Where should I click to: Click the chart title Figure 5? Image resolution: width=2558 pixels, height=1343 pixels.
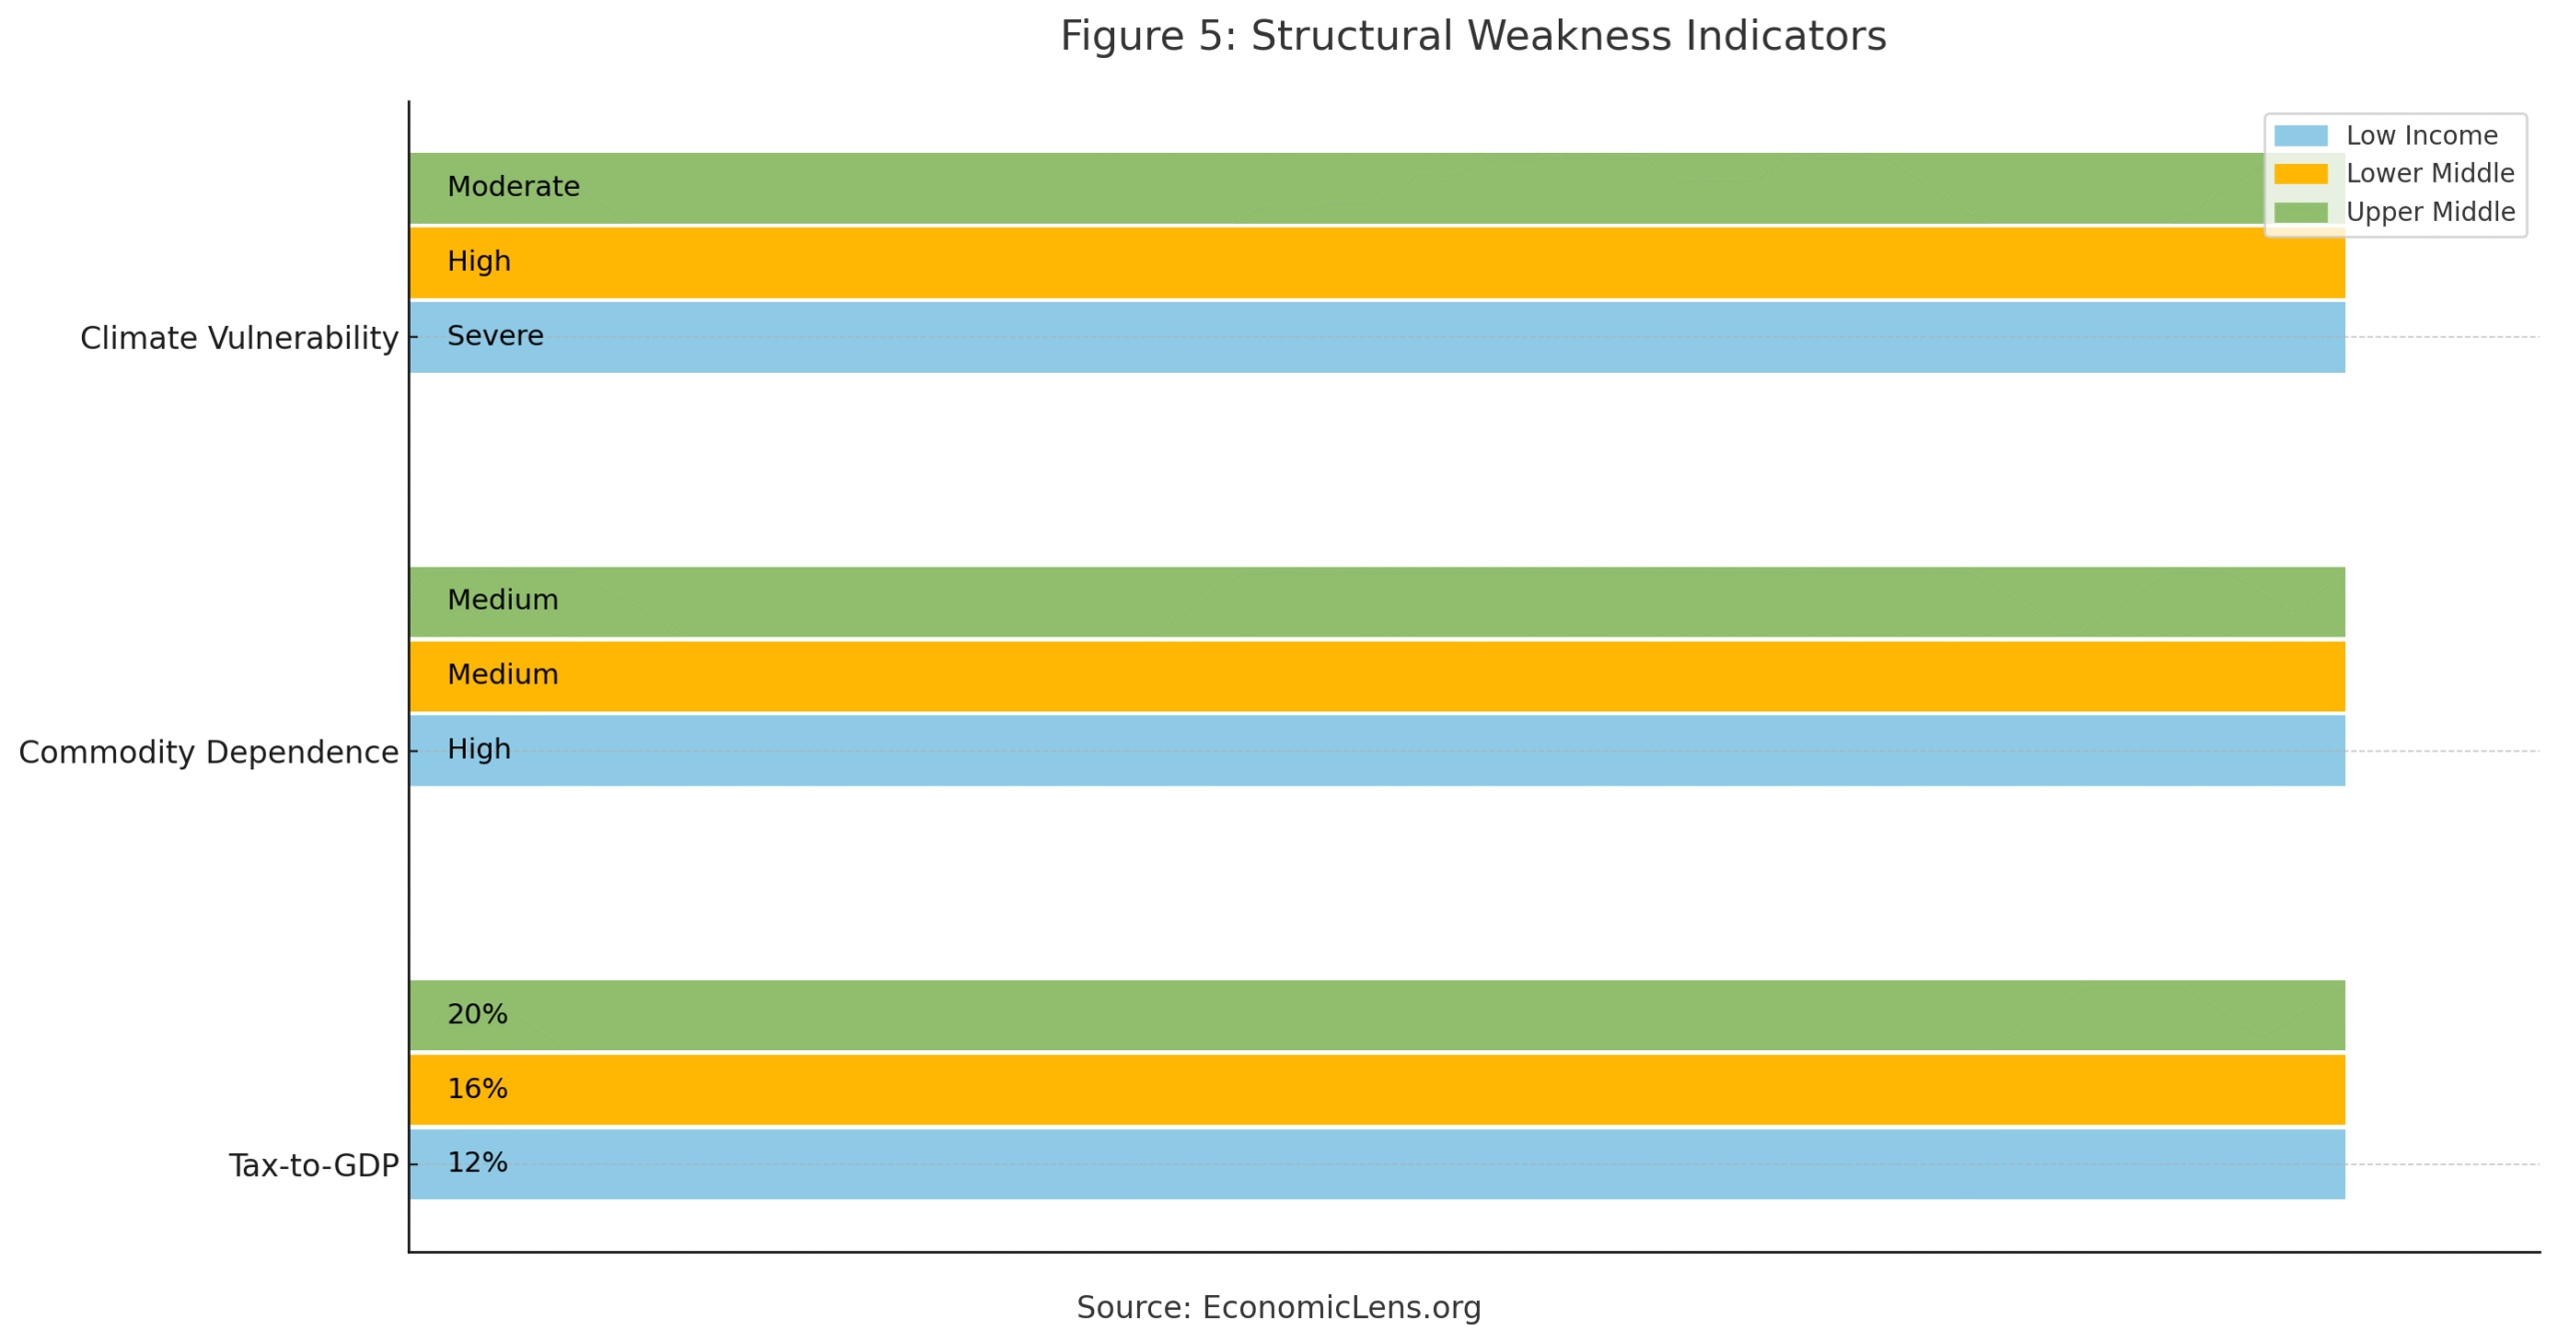click(1472, 37)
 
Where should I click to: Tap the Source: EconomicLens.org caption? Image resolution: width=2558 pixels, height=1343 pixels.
click(1278, 1307)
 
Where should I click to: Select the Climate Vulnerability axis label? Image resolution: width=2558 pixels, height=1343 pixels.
click(239, 339)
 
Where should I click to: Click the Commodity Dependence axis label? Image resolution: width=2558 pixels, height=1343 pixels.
click(208, 752)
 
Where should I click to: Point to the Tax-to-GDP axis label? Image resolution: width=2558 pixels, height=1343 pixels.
click(313, 1166)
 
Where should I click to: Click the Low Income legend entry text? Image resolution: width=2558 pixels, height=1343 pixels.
click(2420, 136)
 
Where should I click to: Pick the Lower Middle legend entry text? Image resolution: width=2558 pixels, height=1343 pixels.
click(2429, 174)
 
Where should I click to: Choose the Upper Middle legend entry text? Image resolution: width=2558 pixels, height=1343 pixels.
click(2429, 213)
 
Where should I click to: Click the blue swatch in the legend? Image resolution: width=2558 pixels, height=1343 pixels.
click(2299, 136)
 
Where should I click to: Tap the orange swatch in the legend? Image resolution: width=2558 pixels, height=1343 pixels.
click(2299, 174)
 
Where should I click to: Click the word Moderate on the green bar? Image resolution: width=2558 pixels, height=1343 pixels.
click(513, 187)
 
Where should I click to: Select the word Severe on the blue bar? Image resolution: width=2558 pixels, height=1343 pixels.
click(495, 336)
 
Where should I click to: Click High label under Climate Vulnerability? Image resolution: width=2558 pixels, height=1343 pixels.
click(479, 262)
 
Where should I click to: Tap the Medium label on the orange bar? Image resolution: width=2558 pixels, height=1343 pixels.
click(502, 674)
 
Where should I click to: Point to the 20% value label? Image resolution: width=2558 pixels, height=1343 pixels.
click(477, 1014)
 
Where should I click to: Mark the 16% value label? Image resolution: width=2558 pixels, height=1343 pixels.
click(477, 1089)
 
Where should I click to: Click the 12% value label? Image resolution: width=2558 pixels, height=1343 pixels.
click(477, 1163)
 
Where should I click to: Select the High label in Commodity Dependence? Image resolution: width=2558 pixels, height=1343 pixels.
click(479, 749)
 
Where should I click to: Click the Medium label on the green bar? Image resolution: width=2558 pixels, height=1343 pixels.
click(502, 601)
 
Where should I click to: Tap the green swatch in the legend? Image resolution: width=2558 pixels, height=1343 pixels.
click(2299, 213)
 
